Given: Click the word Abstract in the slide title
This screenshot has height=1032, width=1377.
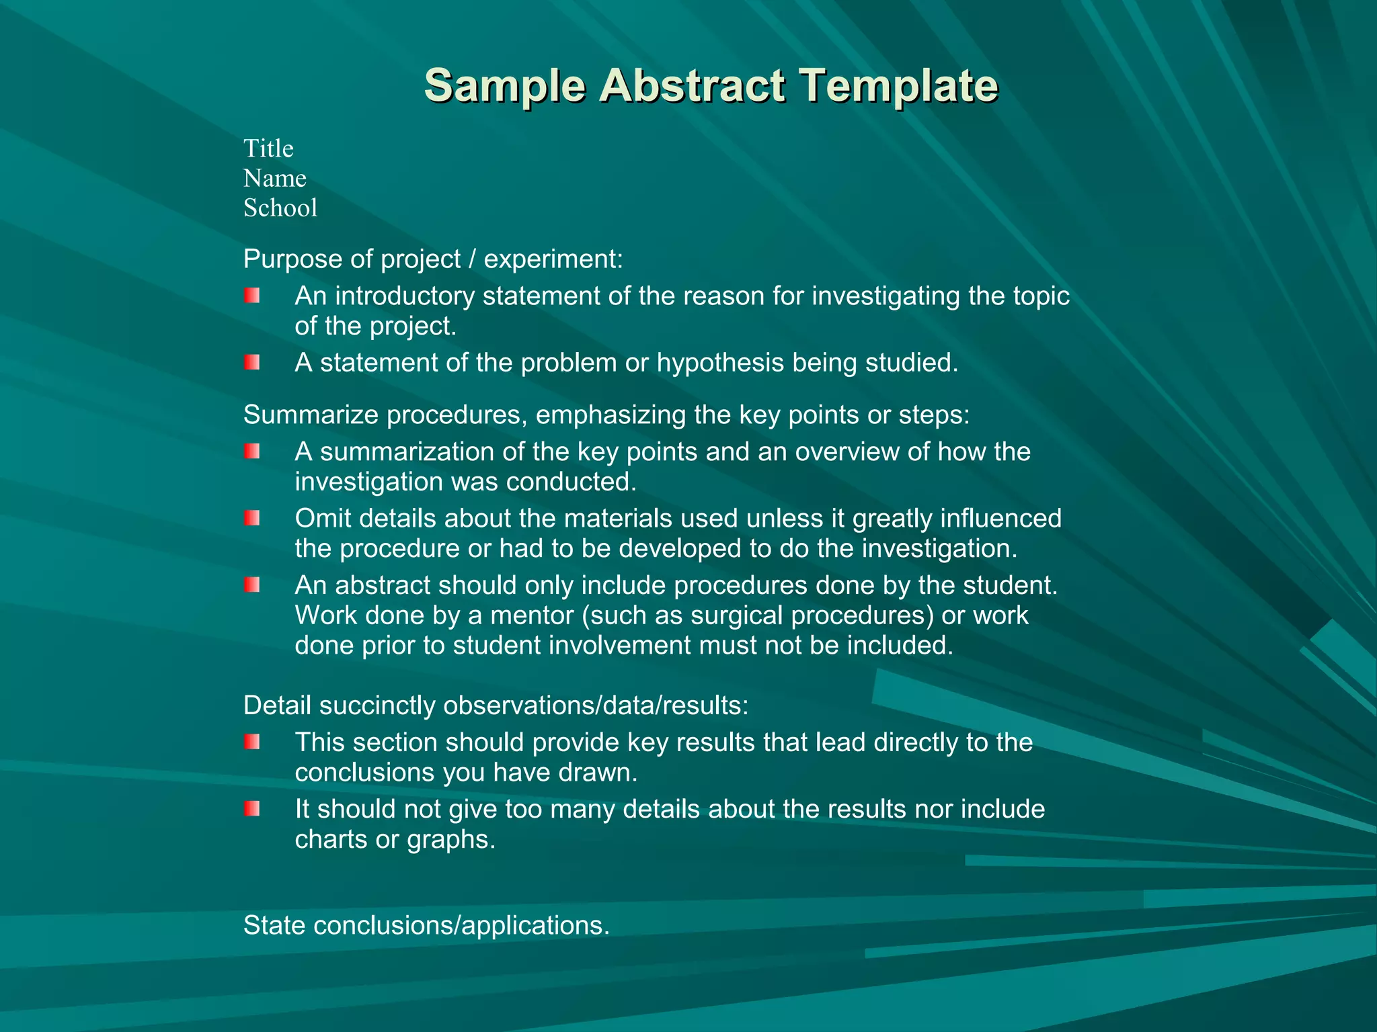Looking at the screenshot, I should (x=692, y=86).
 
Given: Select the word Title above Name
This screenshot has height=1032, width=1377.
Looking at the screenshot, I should (x=268, y=148).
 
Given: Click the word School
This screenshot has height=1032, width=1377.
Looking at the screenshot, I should (x=280, y=208).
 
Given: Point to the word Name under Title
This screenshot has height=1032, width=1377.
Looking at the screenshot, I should (x=274, y=179).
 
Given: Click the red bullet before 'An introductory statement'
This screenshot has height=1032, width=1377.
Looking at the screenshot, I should (x=252, y=296).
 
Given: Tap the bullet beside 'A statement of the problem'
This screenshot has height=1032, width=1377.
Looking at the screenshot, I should (x=252, y=363).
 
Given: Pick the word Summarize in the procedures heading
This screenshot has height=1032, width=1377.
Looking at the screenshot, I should (x=311, y=415).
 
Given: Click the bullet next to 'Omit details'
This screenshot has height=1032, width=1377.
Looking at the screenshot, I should (x=252, y=518).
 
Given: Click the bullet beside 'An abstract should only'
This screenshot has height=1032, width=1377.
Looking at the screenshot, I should (x=252, y=585).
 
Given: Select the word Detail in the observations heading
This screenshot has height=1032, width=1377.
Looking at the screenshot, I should (x=277, y=705).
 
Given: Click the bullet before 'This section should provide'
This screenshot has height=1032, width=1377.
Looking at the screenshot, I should (x=252, y=742).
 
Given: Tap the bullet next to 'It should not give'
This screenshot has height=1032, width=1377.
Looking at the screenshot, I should (x=252, y=809).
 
